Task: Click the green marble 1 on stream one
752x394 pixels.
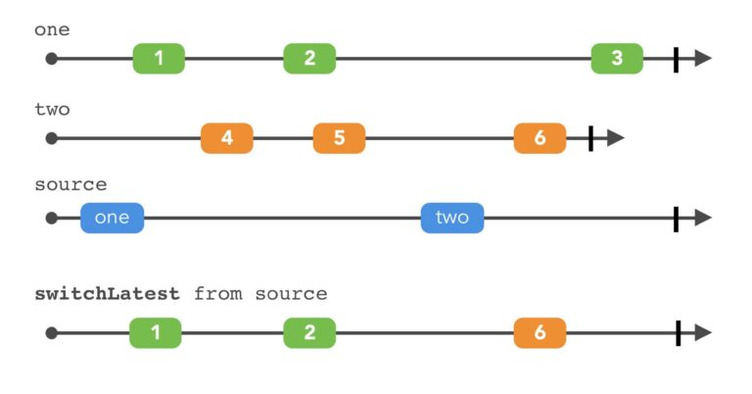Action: point(159,59)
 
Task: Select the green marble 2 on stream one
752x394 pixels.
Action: point(309,59)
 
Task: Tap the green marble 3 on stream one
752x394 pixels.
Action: point(617,59)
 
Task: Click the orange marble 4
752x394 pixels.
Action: point(226,138)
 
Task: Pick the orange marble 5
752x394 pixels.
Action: point(339,138)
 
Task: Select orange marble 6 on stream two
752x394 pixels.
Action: point(540,138)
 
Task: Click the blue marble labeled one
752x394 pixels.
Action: point(112,218)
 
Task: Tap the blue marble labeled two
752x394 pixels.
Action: point(452,218)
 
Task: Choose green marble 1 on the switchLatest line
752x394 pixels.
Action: point(156,333)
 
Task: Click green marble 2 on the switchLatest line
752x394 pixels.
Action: point(309,333)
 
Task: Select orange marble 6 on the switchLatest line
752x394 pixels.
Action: point(540,333)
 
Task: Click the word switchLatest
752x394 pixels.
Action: point(108,293)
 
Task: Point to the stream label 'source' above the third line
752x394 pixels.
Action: point(70,185)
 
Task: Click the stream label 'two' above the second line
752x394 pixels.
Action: point(52,109)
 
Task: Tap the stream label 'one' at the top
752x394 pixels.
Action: point(52,30)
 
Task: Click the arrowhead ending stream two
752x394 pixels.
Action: point(615,138)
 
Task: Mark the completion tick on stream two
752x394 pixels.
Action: point(590,138)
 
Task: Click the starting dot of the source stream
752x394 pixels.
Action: point(52,218)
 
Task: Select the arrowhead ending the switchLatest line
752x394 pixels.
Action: point(702,333)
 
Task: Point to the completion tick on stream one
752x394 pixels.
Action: point(676,59)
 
